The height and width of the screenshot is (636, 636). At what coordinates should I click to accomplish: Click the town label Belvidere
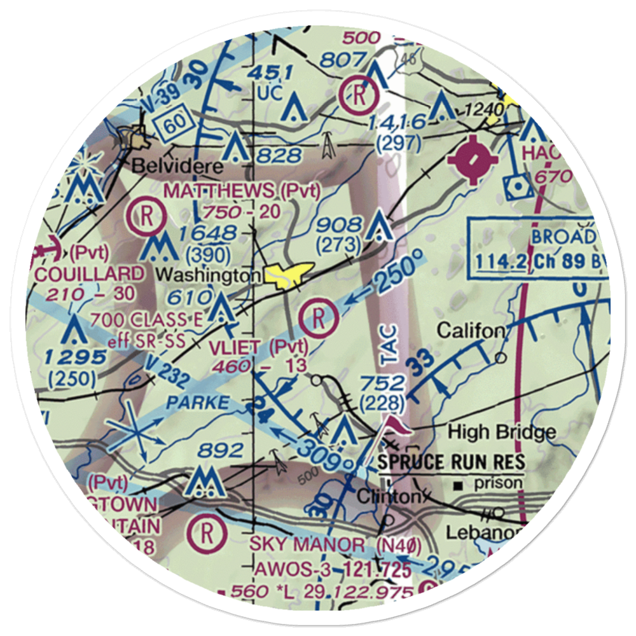[x=169, y=167]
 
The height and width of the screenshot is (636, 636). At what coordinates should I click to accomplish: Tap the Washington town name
[x=209, y=275]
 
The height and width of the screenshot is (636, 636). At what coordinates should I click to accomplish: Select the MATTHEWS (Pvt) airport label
[x=242, y=190]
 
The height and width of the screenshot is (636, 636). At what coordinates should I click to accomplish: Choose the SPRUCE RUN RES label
[x=452, y=461]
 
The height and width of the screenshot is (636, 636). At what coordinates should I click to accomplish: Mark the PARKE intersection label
[x=198, y=402]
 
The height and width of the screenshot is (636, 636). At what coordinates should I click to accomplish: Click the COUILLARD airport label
[x=90, y=273]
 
